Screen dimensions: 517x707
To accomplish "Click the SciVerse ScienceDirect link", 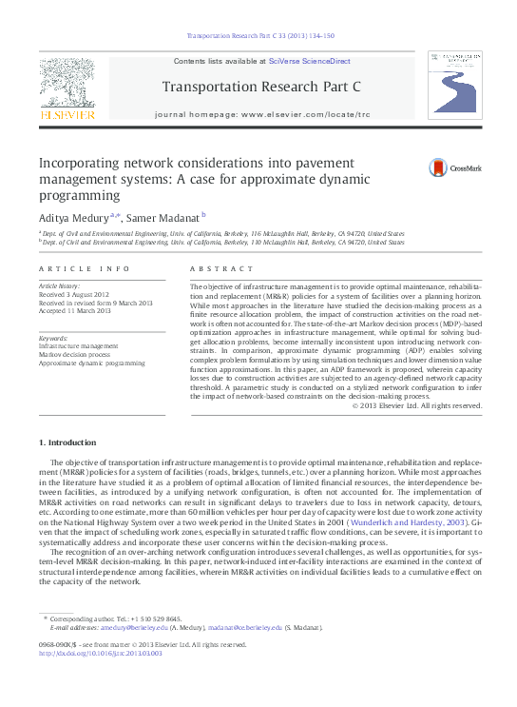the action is (309, 61).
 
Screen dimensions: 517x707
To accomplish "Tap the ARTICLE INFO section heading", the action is (85, 270).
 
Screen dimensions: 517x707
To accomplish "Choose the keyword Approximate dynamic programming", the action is (91, 363).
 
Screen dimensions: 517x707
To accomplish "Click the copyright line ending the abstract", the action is (417, 405).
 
